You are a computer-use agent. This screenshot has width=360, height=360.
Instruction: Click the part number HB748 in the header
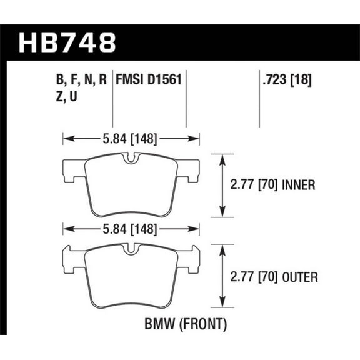coord(68,43)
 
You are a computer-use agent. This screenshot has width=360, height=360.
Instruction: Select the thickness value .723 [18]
coord(284,80)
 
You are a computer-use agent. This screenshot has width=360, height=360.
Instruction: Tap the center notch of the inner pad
coord(131,160)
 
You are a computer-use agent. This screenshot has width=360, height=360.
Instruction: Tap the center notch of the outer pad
coord(131,249)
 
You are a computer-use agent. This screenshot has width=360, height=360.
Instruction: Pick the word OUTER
coord(299,276)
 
